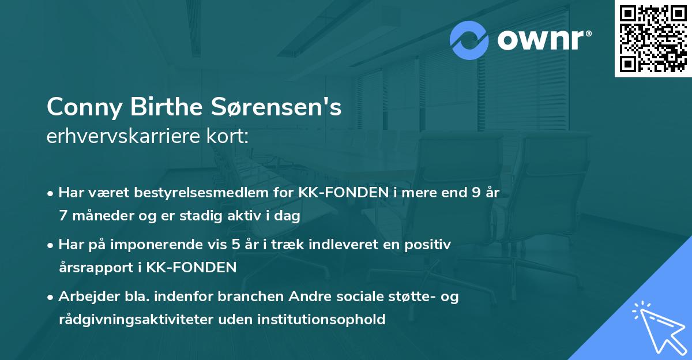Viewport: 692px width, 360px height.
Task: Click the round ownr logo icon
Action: click(x=470, y=40)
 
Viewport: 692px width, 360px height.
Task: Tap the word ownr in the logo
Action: click(x=542, y=40)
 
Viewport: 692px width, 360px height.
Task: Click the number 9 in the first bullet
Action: click(x=475, y=193)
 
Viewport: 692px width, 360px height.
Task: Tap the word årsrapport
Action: click(x=91, y=268)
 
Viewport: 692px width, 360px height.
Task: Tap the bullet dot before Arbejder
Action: click(x=51, y=297)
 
